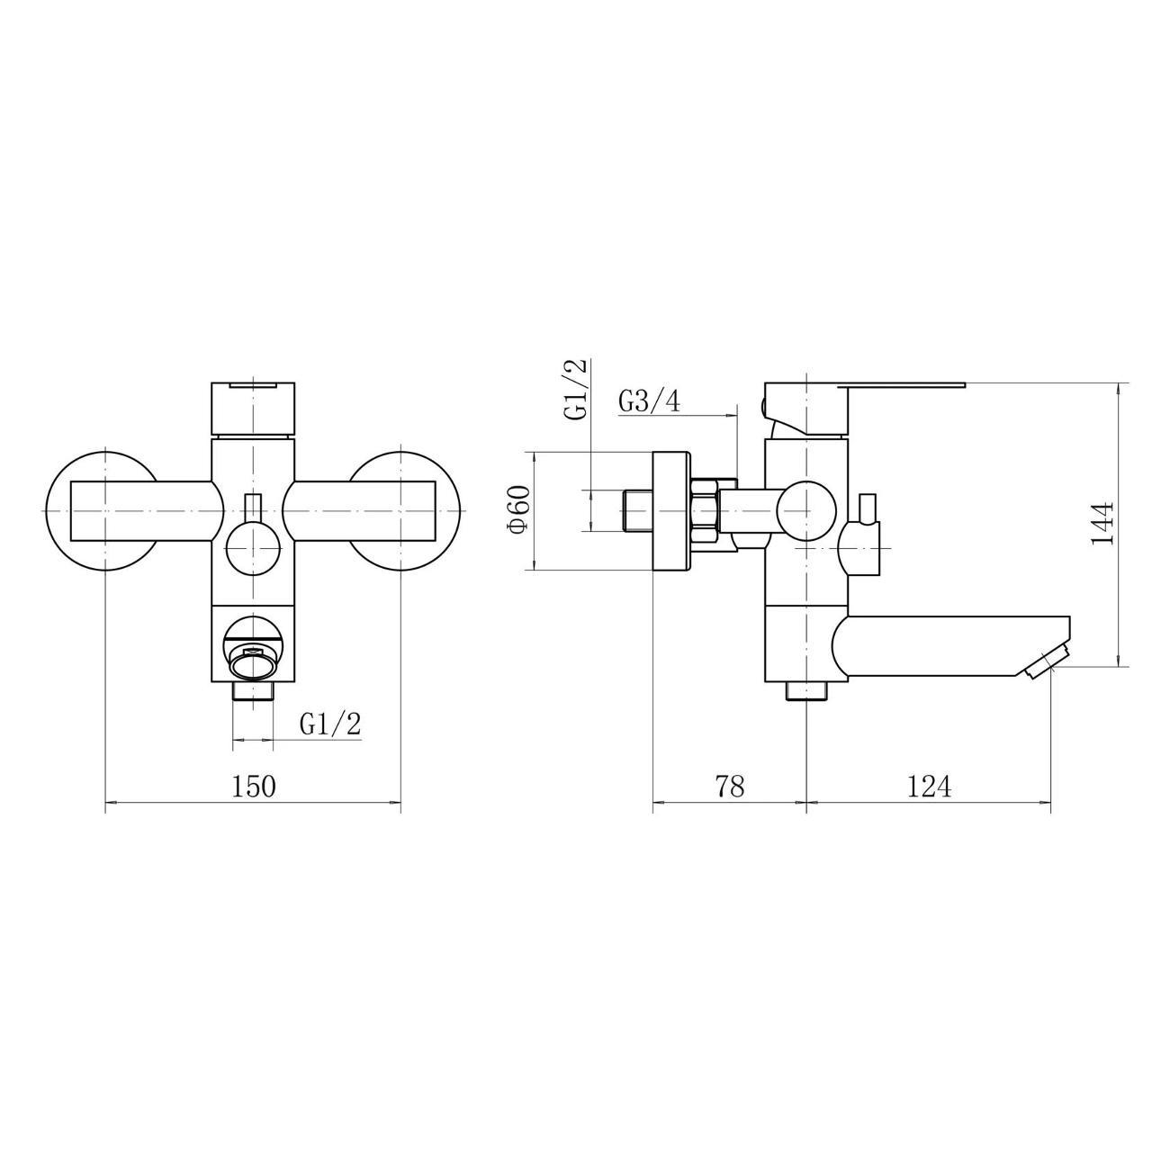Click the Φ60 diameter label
(x=520, y=509)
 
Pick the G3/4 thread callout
(x=650, y=402)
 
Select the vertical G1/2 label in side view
(x=575, y=389)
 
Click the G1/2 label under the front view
(x=330, y=724)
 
